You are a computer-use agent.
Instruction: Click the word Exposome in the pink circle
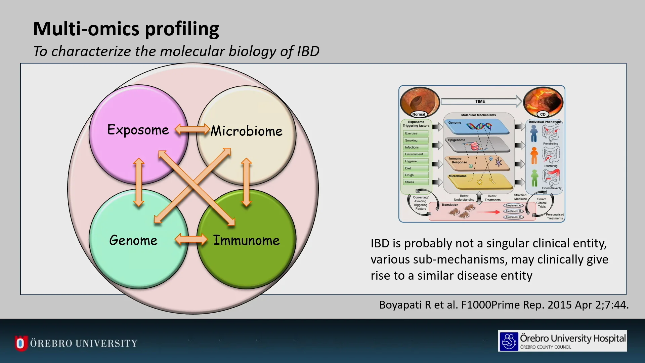click(138, 130)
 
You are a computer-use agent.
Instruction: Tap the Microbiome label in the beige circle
click(246, 131)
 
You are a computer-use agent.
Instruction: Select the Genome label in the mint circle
click(133, 240)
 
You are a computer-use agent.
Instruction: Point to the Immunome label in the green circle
click(246, 240)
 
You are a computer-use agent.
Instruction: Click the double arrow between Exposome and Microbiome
click(192, 129)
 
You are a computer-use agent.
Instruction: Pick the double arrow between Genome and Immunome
click(191, 239)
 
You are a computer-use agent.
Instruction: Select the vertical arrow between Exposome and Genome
click(139, 182)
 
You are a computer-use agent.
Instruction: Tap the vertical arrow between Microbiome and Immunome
click(246, 182)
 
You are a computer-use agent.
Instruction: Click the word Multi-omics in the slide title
click(86, 29)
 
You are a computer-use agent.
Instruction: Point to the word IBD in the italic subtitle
click(308, 51)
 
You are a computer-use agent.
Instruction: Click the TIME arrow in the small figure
click(480, 101)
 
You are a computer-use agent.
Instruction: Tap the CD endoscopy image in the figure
click(543, 102)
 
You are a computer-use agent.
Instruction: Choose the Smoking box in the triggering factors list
click(416, 140)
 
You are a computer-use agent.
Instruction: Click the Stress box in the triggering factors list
click(416, 182)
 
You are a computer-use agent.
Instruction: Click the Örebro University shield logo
click(20, 343)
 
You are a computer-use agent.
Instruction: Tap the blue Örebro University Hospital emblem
click(509, 341)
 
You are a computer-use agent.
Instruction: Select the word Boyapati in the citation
click(401, 305)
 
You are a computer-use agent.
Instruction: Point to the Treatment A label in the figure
click(513, 205)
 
